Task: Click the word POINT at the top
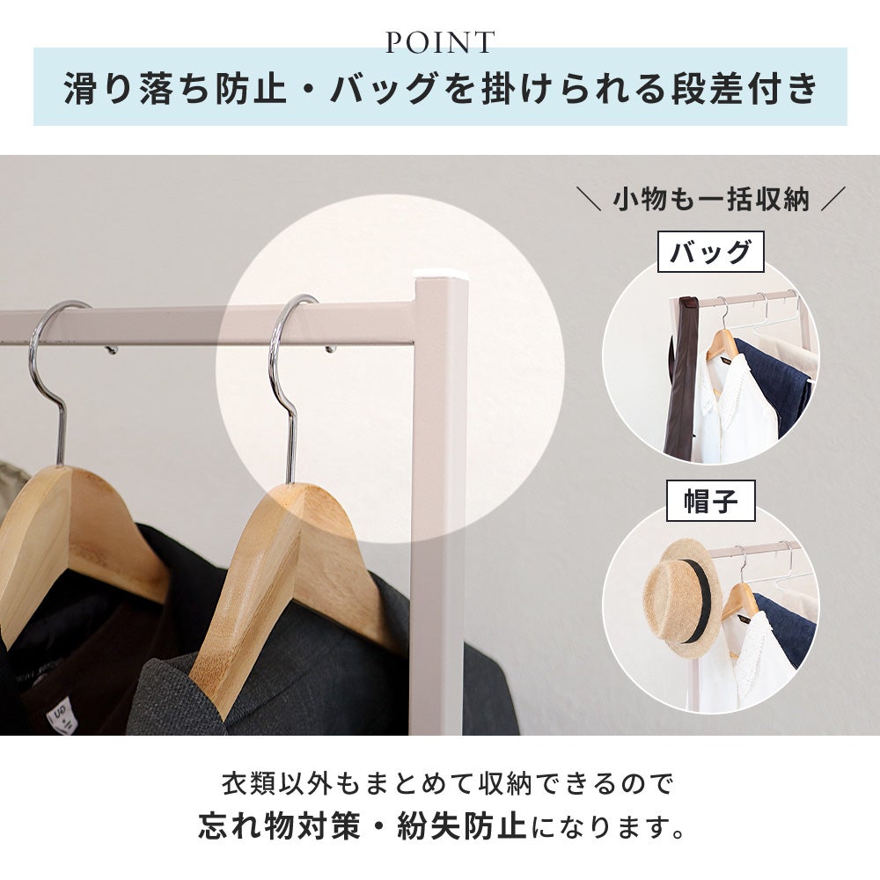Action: tap(440, 42)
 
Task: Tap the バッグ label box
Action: tap(710, 252)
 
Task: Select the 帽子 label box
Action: tap(710, 501)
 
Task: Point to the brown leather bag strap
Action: tap(682, 376)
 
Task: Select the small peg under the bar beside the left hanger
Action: tap(112, 349)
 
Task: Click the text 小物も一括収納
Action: tap(710, 199)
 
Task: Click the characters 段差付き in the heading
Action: tap(744, 88)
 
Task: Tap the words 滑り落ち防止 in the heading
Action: tap(175, 88)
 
